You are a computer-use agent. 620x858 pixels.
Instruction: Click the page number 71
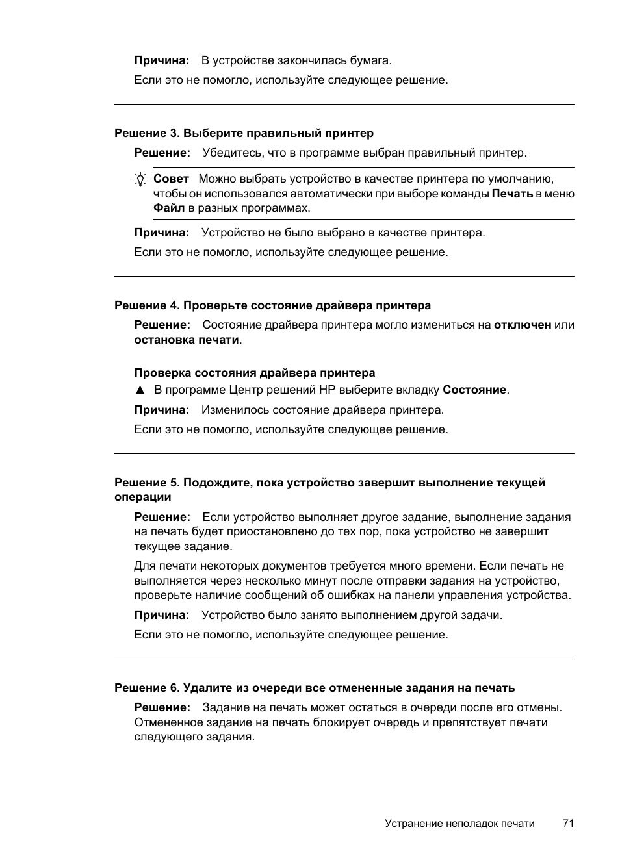[568, 823]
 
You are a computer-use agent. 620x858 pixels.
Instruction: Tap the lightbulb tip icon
[140, 180]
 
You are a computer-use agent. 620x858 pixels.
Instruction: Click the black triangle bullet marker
[139, 390]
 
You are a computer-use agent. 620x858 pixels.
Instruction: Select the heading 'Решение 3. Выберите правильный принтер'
[244, 133]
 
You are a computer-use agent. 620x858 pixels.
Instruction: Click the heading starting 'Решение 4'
[272, 305]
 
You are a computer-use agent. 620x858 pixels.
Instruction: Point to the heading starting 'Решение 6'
[315, 688]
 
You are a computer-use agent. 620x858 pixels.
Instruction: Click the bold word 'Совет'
[171, 179]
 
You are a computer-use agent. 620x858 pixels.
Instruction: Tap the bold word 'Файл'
[169, 208]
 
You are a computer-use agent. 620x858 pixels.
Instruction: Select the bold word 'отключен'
[523, 325]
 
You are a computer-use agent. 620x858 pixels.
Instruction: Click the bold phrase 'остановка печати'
[187, 340]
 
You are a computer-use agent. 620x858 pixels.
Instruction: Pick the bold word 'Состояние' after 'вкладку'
[474, 390]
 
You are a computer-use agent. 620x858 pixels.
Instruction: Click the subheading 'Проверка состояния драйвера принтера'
[255, 373]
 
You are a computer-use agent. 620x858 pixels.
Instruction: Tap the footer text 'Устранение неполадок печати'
[459, 824]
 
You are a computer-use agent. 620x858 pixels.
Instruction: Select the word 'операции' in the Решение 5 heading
[143, 498]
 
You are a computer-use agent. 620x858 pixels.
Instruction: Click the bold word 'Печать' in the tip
[512, 194]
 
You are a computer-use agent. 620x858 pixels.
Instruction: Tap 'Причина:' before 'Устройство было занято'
[162, 615]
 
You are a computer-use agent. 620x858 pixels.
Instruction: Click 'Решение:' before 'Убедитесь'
[162, 153]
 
